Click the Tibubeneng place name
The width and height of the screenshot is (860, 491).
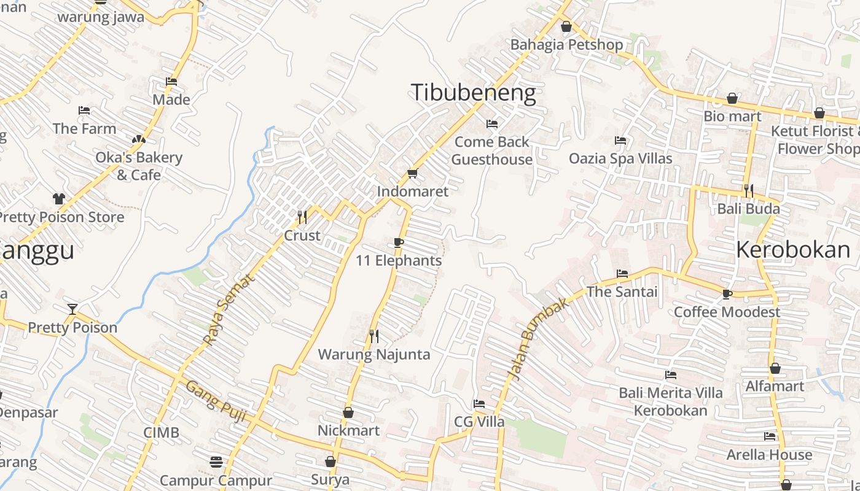point(473,93)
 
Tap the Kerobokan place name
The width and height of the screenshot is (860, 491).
point(793,250)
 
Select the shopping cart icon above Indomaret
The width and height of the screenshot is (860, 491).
point(412,174)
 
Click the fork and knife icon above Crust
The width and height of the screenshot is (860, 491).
point(302,217)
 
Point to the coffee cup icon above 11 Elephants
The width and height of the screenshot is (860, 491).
point(399,242)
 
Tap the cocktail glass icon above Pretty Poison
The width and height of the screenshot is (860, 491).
point(72,309)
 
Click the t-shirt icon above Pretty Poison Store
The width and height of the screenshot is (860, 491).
point(58,199)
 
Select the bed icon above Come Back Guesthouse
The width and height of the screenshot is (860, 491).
point(491,124)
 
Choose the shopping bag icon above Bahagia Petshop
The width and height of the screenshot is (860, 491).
point(566,26)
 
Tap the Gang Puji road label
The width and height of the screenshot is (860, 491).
point(216,401)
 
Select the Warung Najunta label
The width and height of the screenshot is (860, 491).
point(373,354)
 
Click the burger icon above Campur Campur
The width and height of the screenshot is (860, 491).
point(216,461)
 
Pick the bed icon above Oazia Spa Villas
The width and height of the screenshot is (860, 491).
point(620,141)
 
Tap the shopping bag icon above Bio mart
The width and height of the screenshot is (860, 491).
point(732,98)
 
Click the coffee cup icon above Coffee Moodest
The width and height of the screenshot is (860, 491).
point(727,294)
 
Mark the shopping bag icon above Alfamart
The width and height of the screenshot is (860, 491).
point(775,368)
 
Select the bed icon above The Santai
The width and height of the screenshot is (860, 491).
point(622,274)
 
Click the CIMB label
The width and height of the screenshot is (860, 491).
point(162,433)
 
